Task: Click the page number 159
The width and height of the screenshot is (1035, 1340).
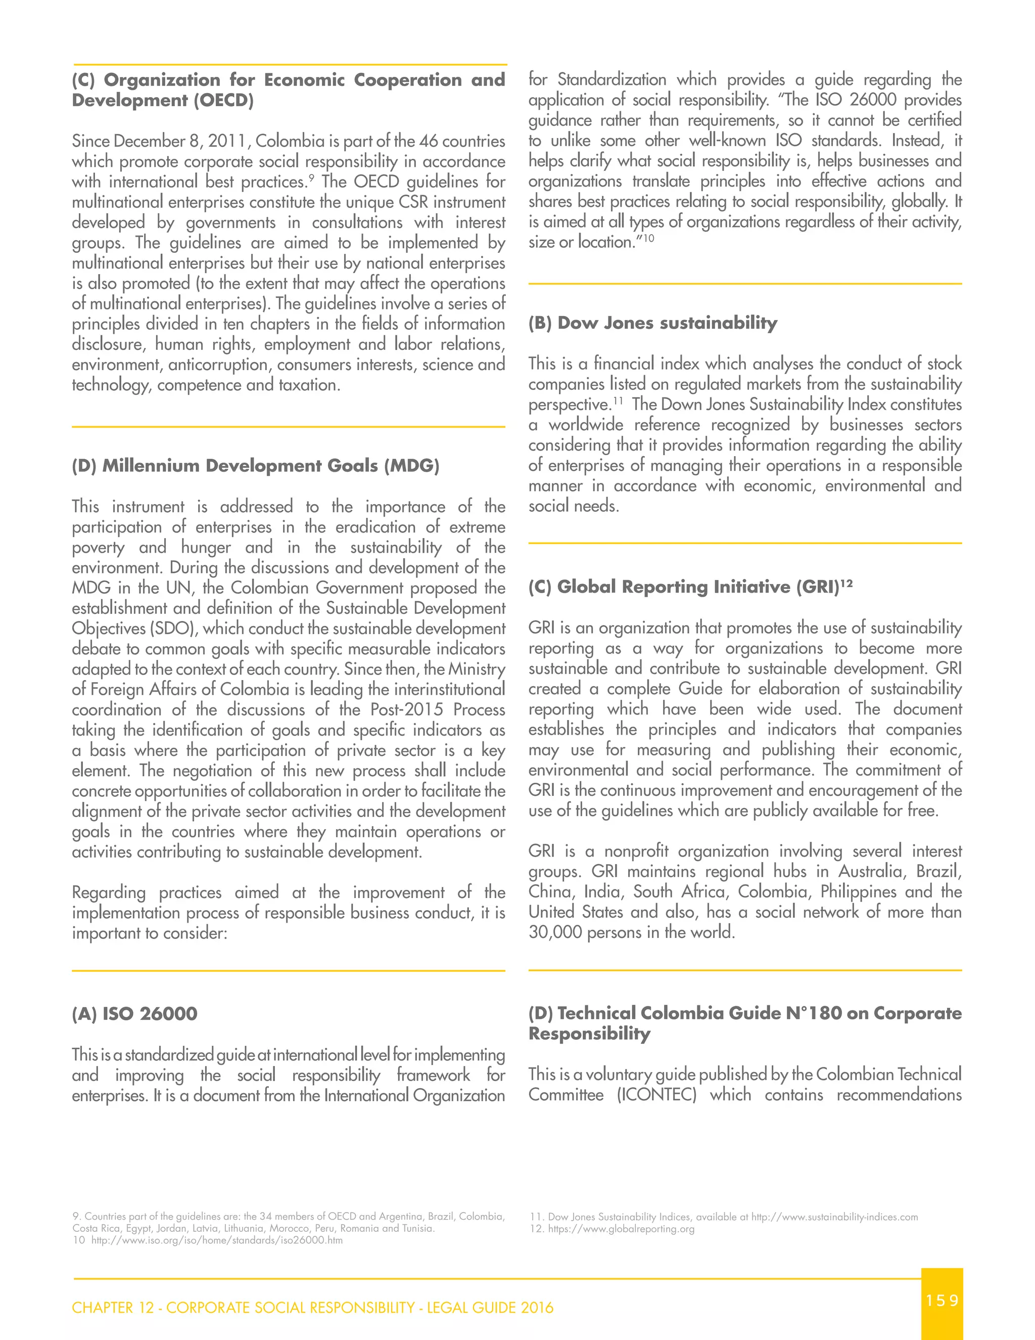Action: [x=942, y=1300]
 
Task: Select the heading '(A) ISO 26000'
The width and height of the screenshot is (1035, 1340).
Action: [x=134, y=1013]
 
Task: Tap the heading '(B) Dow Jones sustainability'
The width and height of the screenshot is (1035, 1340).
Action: [x=652, y=323]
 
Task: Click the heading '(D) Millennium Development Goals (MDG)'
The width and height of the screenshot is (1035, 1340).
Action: [x=255, y=466]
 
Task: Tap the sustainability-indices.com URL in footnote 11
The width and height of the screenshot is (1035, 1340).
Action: [x=834, y=1217]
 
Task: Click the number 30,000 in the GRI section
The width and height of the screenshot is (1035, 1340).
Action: [x=555, y=932]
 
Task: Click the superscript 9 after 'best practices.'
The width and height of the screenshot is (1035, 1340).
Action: [x=311, y=178]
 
